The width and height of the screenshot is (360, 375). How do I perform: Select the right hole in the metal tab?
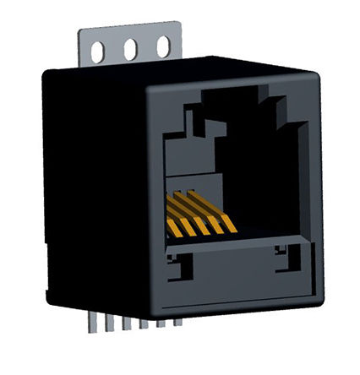[163, 48]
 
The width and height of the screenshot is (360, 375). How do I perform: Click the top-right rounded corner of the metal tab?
[177, 28]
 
